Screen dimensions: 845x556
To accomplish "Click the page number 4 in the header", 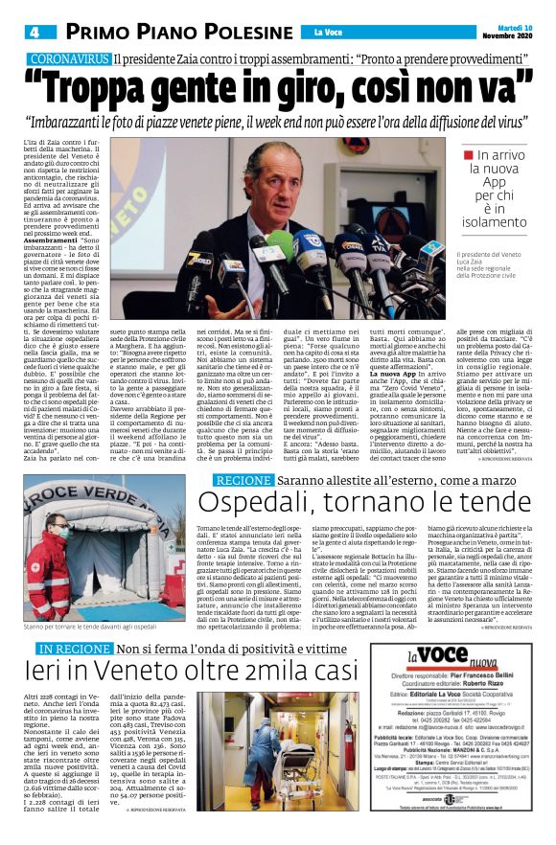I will click(x=34, y=32).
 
